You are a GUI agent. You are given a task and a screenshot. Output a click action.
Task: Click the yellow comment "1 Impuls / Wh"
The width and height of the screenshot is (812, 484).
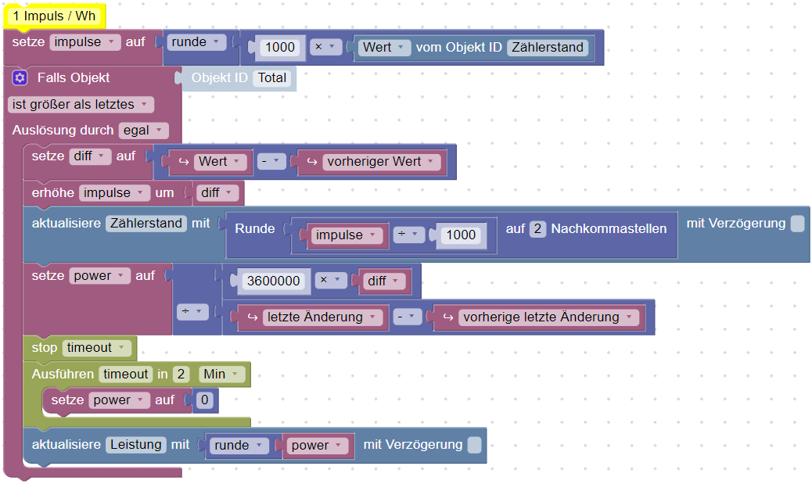[x=53, y=16]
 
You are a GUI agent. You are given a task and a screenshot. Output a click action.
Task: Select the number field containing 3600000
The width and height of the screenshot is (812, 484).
[x=273, y=281]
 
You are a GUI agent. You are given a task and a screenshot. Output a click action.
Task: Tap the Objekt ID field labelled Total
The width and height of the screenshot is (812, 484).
[x=272, y=78]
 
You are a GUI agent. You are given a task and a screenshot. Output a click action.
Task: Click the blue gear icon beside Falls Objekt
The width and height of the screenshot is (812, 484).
[x=20, y=77]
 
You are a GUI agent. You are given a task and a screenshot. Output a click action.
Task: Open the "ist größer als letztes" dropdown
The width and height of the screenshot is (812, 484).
[x=80, y=104]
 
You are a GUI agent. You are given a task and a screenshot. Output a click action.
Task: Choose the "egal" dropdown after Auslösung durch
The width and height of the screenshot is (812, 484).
[x=143, y=131]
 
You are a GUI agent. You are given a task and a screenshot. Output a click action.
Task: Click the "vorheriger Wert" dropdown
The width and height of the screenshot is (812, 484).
[x=379, y=162]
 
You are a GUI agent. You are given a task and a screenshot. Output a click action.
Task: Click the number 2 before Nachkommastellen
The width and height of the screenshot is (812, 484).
[x=537, y=228]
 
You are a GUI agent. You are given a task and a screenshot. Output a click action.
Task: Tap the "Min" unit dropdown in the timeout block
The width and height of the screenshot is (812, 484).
[x=217, y=375]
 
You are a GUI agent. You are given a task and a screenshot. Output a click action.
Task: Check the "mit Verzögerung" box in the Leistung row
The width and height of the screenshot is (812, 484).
[x=474, y=445]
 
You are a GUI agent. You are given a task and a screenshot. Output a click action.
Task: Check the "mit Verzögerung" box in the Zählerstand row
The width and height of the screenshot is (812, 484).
[x=796, y=224]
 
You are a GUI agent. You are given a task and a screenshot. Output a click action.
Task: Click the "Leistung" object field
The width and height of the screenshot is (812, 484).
[x=136, y=444]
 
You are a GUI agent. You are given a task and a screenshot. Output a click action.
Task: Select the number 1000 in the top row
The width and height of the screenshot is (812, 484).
[x=279, y=47]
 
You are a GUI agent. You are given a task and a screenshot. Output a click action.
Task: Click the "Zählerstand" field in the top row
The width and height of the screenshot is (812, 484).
[x=548, y=47]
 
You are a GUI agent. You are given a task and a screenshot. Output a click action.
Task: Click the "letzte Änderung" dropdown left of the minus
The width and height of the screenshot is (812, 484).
[x=320, y=317]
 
